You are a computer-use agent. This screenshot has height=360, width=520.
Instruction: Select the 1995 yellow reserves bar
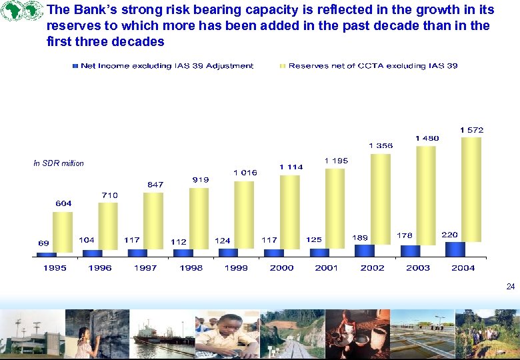coord(63,231)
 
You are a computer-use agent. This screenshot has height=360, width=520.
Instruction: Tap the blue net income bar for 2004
coord(455,249)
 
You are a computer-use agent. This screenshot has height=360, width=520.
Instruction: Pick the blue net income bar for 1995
coord(46,254)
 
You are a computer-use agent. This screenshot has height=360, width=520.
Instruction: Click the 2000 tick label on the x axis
coord(281,267)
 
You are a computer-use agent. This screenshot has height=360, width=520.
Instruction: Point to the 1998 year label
coord(191,267)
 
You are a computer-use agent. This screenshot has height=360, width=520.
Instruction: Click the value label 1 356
coord(381,145)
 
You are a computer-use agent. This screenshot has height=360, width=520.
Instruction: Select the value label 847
coord(155,184)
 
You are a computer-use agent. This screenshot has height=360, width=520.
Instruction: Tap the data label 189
coord(360,237)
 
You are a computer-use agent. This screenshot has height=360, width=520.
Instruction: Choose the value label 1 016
coord(245,172)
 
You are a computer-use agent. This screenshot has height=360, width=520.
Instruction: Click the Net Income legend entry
coord(163,65)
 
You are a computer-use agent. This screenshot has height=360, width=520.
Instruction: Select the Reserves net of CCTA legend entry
coord(369,65)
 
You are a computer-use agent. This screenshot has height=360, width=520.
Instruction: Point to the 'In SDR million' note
coord(59,163)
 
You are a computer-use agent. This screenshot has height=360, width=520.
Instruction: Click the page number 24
coord(510,287)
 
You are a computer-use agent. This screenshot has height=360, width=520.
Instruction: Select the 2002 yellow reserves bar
coord(380,200)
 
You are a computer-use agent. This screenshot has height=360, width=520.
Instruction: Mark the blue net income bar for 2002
coord(365,250)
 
